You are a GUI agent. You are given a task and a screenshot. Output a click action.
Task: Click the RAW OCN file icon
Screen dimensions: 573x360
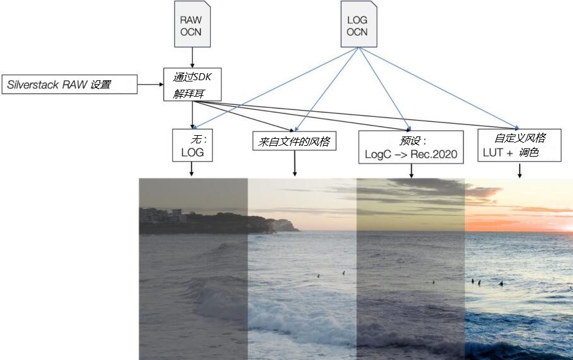pyautogui.click(x=192, y=24)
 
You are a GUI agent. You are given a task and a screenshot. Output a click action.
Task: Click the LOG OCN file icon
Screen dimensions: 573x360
pyautogui.click(x=359, y=24)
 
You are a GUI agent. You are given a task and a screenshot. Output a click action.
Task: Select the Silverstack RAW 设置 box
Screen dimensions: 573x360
pyautogui.click(x=69, y=85)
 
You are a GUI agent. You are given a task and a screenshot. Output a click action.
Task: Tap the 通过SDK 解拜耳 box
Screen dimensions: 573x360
pyautogui.click(x=192, y=84)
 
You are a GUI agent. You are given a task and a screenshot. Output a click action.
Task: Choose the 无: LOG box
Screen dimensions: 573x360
pyautogui.click(x=192, y=145)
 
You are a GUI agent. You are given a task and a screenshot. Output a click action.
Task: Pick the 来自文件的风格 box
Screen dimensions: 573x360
pyautogui.click(x=294, y=141)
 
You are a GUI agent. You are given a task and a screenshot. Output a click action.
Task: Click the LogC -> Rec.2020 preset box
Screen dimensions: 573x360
pyautogui.click(x=411, y=147)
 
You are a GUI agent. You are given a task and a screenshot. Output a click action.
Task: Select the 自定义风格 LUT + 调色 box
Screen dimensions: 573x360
pyautogui.click(x=519, y=145)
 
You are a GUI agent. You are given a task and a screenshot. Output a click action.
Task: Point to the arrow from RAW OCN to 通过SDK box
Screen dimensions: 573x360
pyautogui.click(x=192, y=57)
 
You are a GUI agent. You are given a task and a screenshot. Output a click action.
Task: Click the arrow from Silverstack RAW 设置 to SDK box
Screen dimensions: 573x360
pyautogui.click(x=151, y=85)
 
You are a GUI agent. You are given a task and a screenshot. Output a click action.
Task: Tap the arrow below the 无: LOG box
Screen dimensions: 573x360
pyautogui.click(x=191, y=169)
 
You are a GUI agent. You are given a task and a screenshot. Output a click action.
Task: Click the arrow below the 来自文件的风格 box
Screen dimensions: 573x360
pyautogui.click(x=295, y=163)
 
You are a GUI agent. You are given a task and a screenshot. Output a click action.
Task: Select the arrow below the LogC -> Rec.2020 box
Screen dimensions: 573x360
pyautogui.click(x=411, y=171)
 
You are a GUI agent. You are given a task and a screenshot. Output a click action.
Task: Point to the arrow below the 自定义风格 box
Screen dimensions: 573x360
pyautogui.click(x=519, y=171)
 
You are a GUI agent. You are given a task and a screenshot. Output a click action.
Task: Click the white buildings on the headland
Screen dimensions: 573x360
pyautogui.click(x=163, y=215)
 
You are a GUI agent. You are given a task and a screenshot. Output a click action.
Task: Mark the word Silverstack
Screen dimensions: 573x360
pyautogui.click(x=33, y=85)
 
